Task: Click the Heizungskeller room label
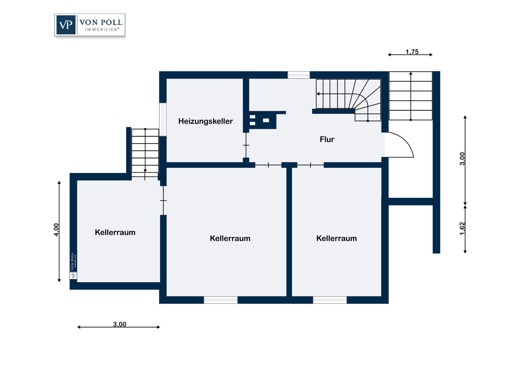click(205, 121)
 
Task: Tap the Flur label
click(327, 139)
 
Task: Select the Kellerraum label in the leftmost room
click(115, 232)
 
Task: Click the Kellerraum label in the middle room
click(230, 238)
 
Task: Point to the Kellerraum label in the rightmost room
click(336, 238)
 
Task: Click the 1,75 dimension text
click(412, 52)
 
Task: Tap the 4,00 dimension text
click(56, 230)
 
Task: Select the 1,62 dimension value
click(462, 229)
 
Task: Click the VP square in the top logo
click(66, 25)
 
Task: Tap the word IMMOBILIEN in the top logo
click(101, 30)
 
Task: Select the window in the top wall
click(299, 75)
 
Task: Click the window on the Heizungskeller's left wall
click(163, 119)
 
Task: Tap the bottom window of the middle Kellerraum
click(221, 300)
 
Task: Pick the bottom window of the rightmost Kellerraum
click(330, 300)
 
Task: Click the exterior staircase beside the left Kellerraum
click(145, 153)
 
